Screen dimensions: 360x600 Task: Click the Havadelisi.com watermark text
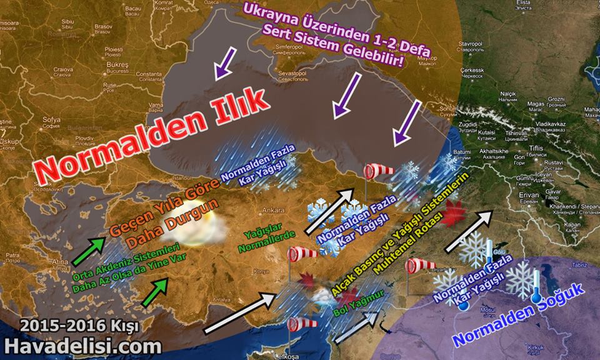coord(83,346)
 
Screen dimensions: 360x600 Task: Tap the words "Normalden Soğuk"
coord(518,316)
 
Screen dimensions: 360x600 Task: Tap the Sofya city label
coord(51,119)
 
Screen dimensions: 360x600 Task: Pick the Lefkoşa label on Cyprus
coord(291,356)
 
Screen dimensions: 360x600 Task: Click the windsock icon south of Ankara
coord(302,253)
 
